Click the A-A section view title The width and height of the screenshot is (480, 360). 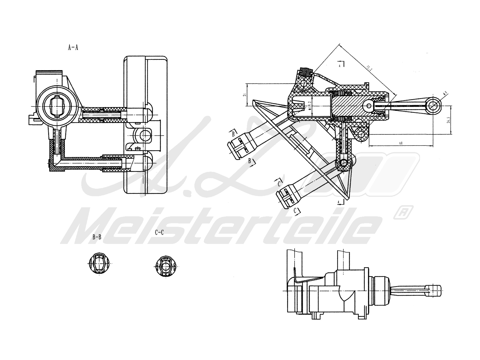click(73, 47)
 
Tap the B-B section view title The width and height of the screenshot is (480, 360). click(97, 237)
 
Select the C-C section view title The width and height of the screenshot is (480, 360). click(159, 232)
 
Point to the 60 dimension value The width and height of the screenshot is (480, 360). click(400, 143)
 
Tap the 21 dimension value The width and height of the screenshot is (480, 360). click(244, 95)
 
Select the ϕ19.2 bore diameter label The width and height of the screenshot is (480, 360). click(310, 105)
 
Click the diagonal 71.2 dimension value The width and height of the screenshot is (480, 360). click(369, 69)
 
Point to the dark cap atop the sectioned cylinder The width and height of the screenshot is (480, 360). click(306, 72)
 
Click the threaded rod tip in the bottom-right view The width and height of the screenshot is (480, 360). click(437, 290)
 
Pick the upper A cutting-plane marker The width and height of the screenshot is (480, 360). click(340, 64)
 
